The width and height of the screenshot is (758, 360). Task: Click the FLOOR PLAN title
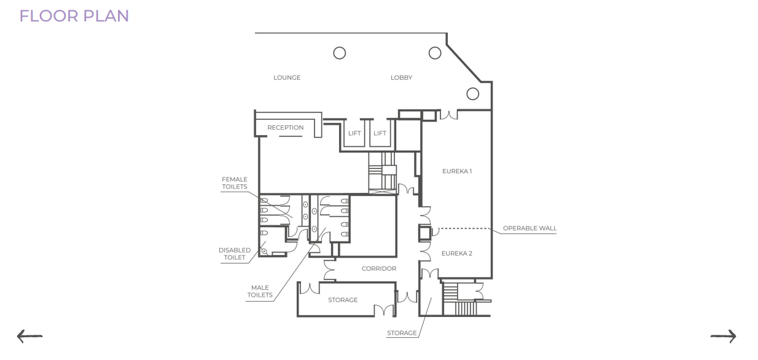tap(74, 16)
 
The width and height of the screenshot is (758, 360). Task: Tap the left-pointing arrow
tap(29, 336)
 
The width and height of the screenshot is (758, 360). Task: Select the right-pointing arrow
tap(723, 336)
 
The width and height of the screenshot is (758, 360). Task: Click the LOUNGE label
tap(287, 77)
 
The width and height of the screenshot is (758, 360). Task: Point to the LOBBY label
tap(401, 77)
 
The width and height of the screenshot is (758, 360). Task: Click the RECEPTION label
tap(285, 128)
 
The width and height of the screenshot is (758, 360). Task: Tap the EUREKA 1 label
tap(457, 171)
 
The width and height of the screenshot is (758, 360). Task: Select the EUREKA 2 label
tap(457, 254)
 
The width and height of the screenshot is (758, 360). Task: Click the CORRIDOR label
tap(378, 268)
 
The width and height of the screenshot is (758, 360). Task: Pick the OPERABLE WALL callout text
tap(529, 229)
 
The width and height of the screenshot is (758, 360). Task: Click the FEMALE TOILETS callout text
tap(235, 183)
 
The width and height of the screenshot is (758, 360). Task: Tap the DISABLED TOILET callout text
tap(235, 254)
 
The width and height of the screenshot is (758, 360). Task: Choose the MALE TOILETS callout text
tap(260, 291)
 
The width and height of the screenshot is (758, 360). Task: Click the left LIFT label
tap(354, 133)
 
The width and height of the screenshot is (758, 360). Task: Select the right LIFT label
tap(380, 133)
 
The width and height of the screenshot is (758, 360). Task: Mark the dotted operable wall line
tap(464, 229)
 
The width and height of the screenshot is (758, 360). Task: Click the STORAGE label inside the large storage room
tap(343, 300)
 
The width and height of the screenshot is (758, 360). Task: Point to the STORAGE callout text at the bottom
tap(402, 333)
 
